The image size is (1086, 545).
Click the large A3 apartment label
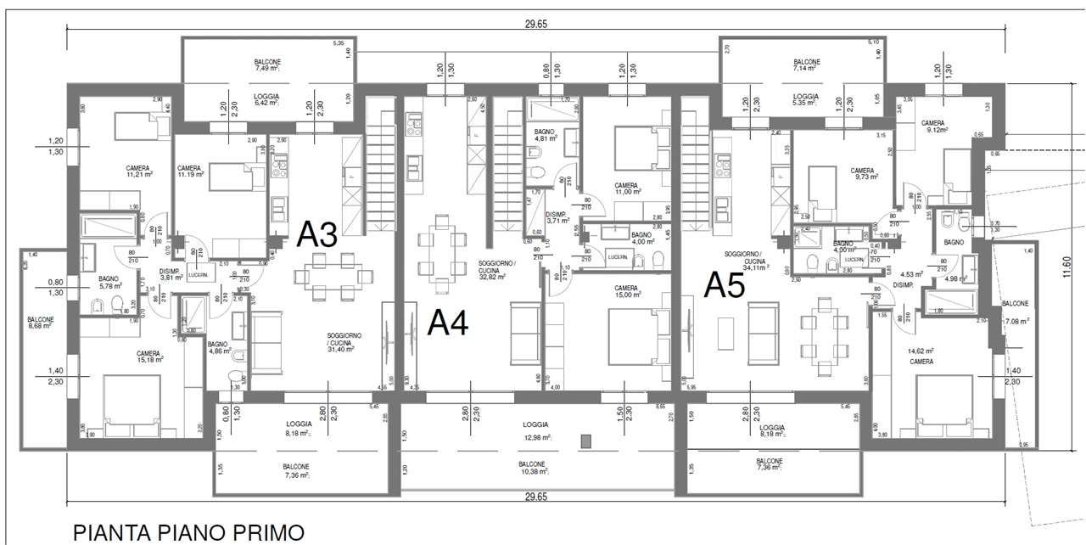tap(318, 234)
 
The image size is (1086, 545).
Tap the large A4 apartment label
tap(447, 323)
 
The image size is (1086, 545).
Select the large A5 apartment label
tap(724, 285)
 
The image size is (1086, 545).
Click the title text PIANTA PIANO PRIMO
tap(188, 532)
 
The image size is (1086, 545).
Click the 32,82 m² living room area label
tap(492, 277)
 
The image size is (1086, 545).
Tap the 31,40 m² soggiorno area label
tap(340, 349)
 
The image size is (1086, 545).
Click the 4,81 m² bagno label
tap(546, 140)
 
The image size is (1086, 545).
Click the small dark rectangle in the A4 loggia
tap(585, 441)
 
